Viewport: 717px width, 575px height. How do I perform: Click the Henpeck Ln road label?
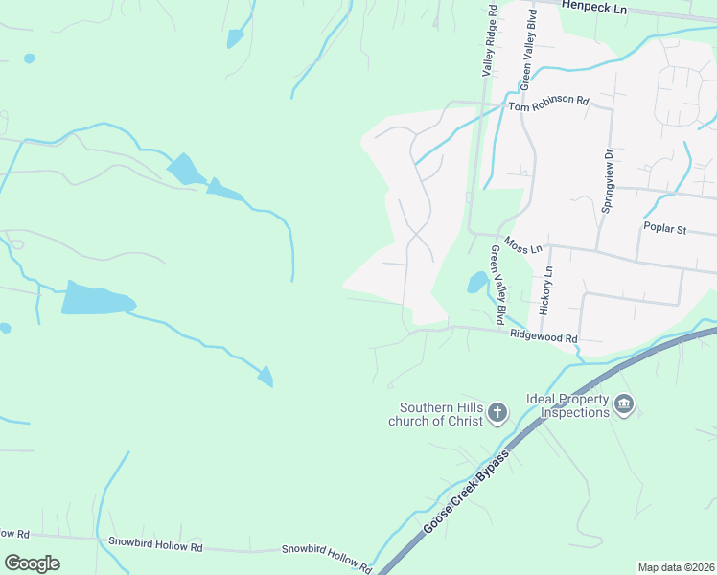[593, 8]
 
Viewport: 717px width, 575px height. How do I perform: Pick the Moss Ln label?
[523, 245]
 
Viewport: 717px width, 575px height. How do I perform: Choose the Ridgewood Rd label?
[544, 337]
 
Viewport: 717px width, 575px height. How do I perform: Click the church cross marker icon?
[497, 413]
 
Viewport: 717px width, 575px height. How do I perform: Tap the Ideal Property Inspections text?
[567, 405]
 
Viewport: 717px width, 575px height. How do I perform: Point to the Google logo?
[32, 563]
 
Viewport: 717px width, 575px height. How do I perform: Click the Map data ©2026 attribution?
[676, 567]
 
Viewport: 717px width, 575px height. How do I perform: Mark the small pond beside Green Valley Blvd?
[476, 282]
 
